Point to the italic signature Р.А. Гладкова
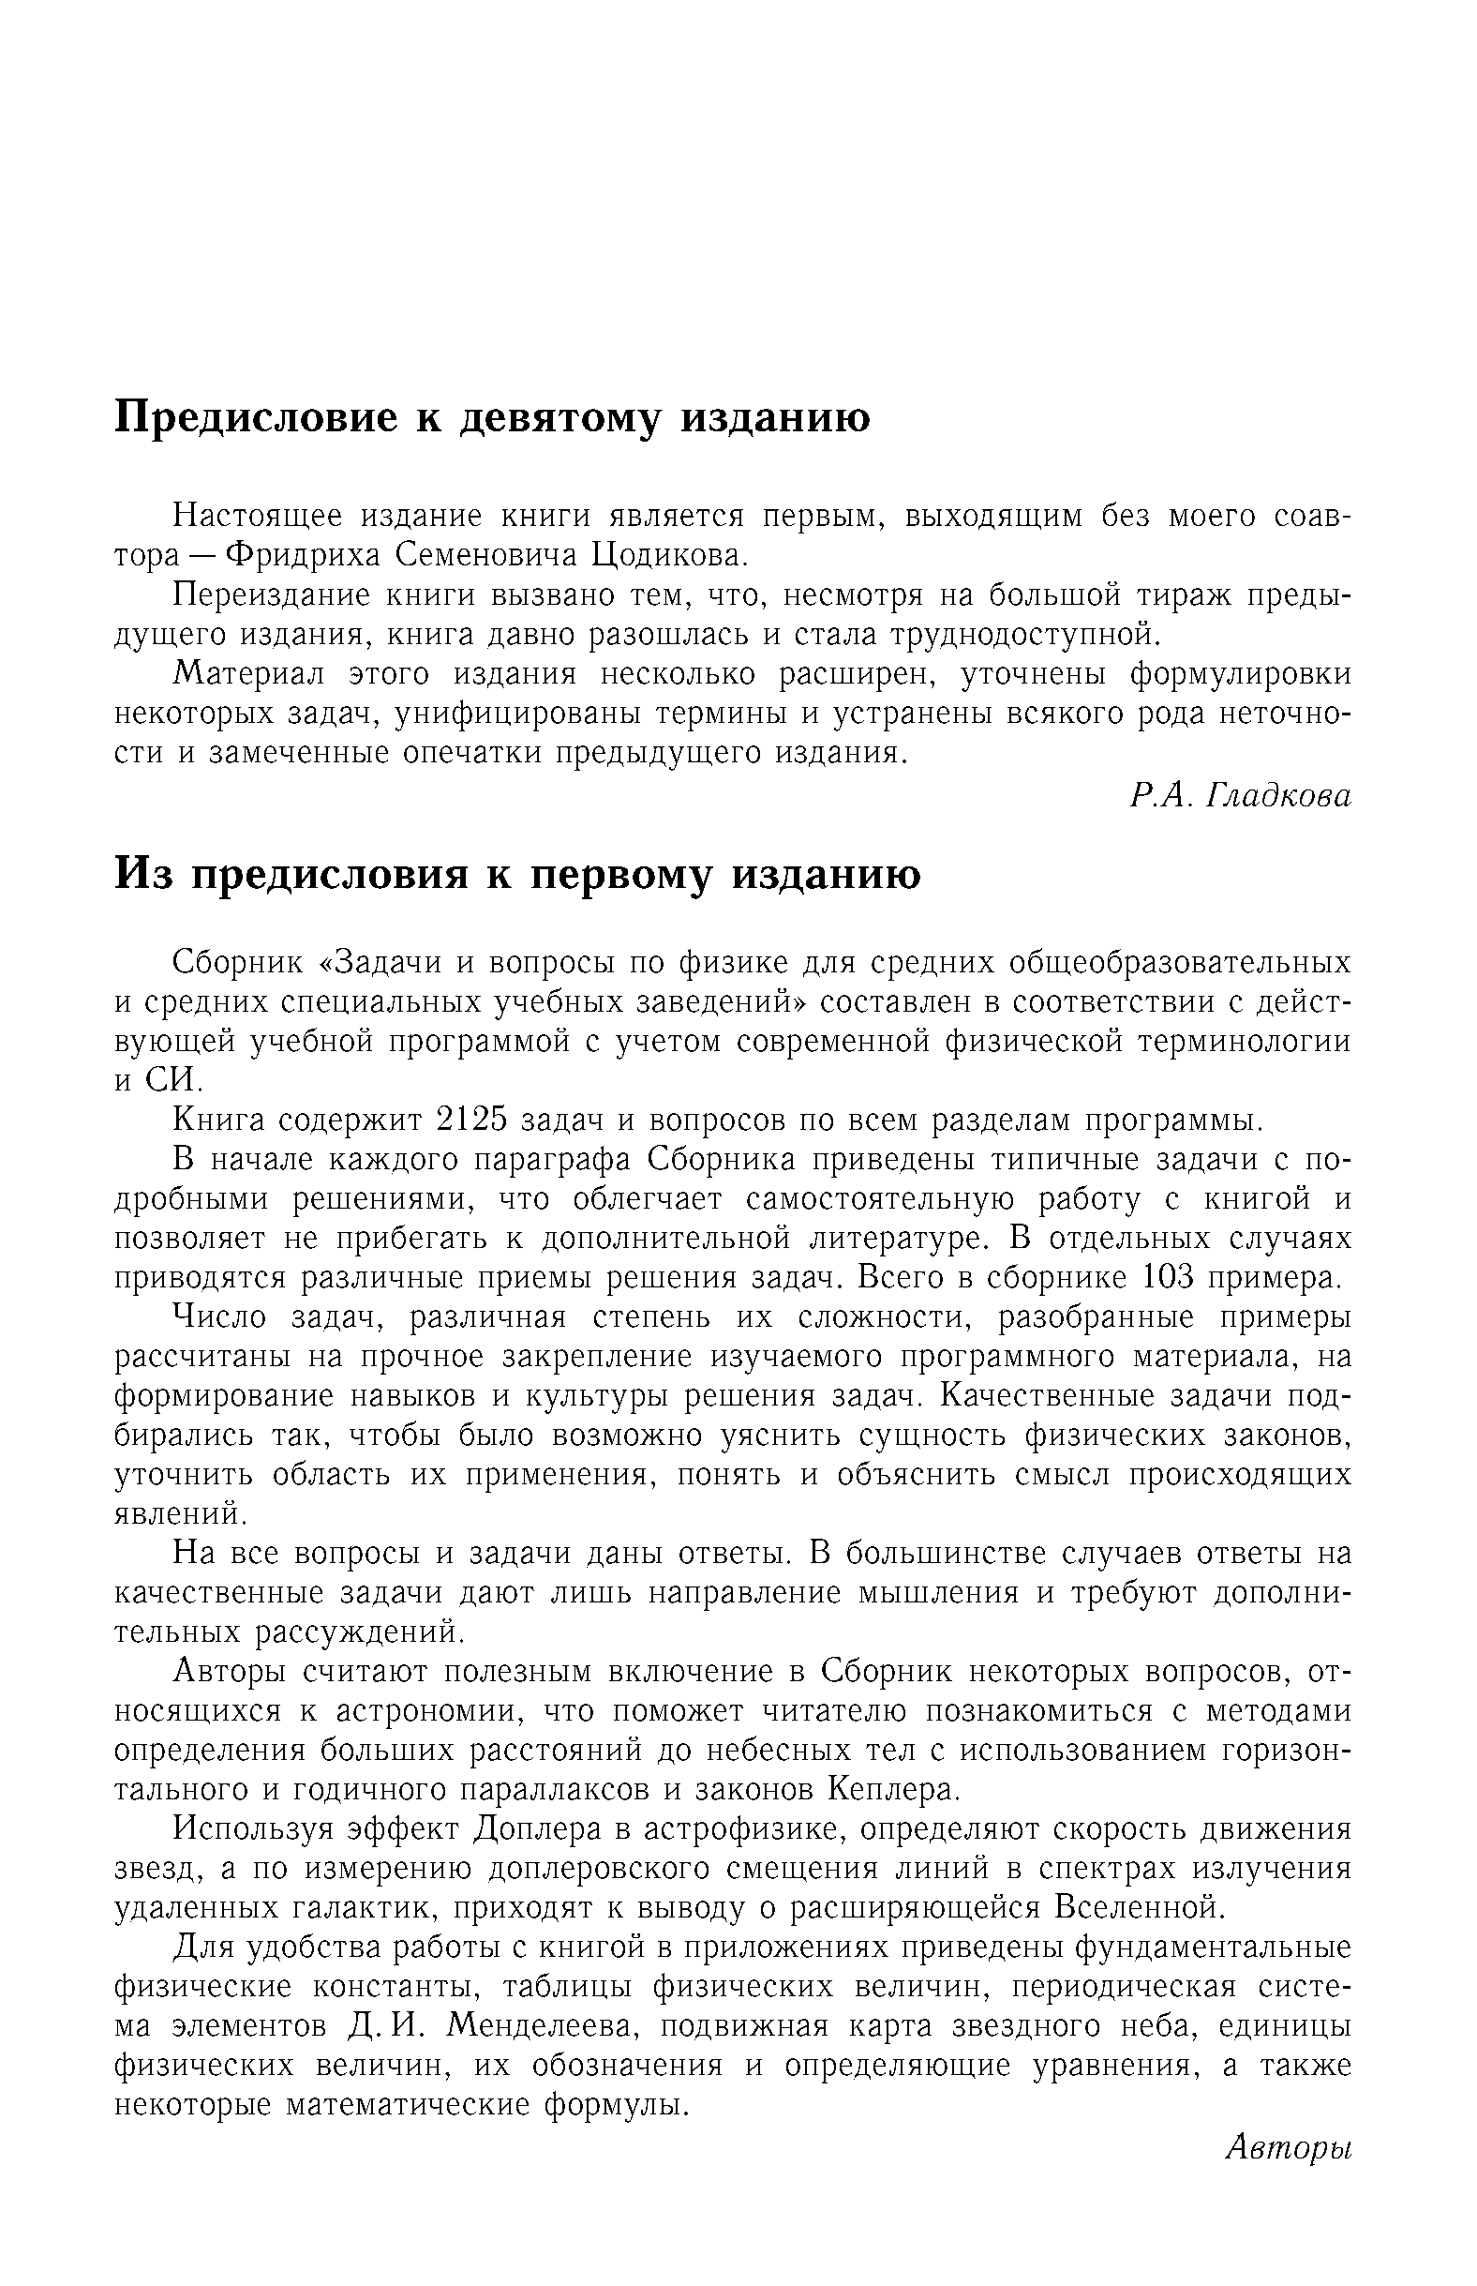[x=1240, y=795]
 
